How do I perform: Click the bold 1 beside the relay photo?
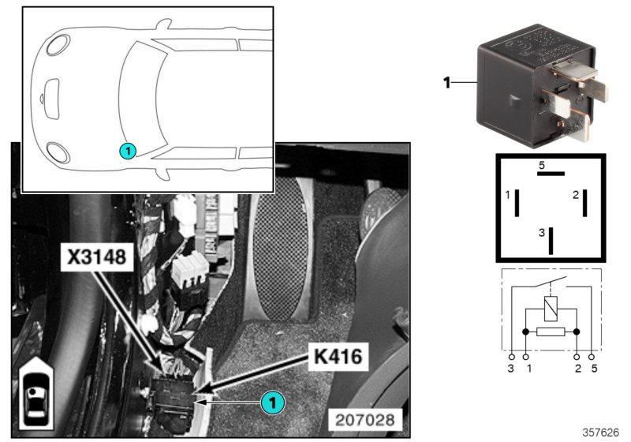[446, 82]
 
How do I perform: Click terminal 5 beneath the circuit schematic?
[593, 368]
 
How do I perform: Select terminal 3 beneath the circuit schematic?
[512, 368]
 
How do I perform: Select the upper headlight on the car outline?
[57, 44]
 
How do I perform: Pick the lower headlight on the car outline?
[57, 151]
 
